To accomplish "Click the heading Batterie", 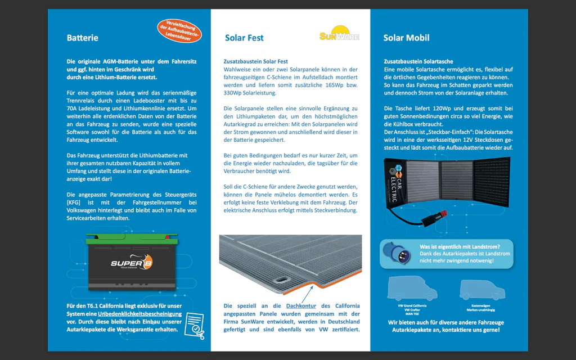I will [x=82, y=38].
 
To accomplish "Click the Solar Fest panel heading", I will [x=244, y=38].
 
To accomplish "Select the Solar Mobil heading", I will [x=406, y=38].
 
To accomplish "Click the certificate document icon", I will [x=193, y=323].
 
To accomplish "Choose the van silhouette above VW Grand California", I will [x=412, y=289].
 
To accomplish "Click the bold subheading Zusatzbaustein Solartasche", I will [x=418, y=61].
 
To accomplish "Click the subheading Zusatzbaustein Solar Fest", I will [x=255, y=61].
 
